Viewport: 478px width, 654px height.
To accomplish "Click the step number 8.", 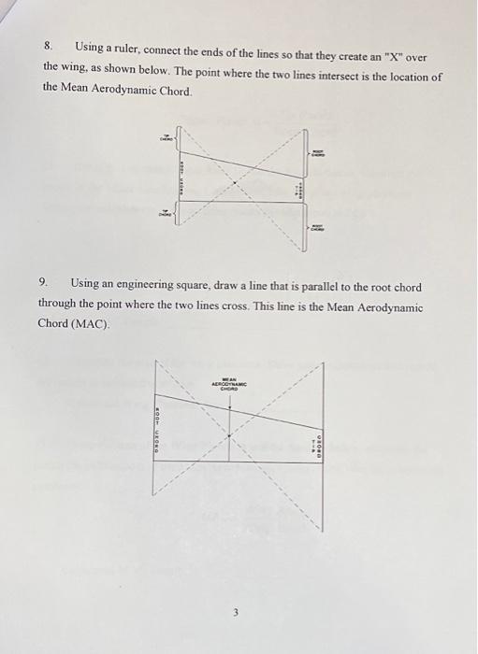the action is click(x=48, y=45).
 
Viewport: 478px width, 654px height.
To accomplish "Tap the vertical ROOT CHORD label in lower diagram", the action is click(x=157, y=421).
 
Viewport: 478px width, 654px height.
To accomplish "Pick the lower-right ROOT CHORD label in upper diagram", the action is click(x=317, y=230).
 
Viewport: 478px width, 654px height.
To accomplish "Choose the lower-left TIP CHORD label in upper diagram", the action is click(x=167, y=212).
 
